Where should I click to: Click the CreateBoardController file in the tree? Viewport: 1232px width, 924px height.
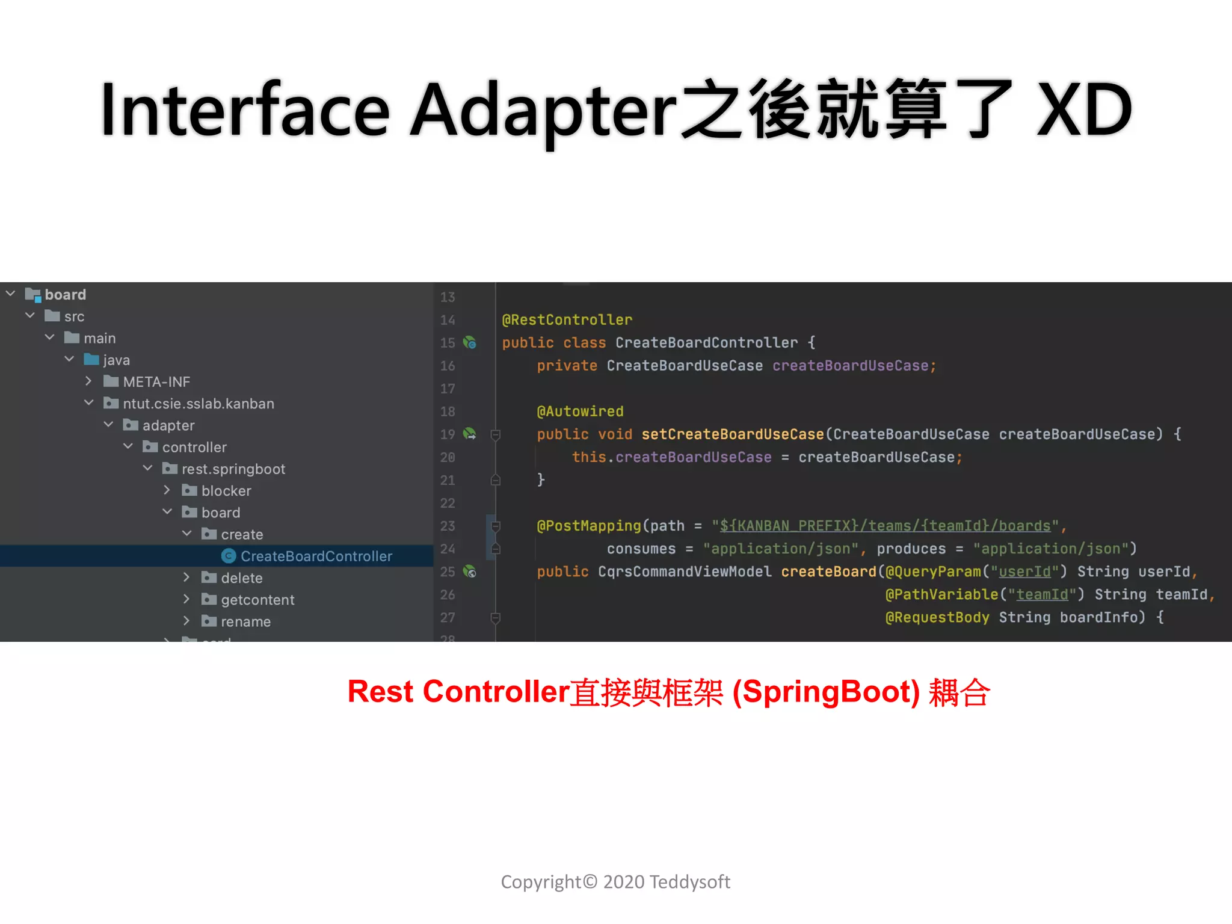(316, 556)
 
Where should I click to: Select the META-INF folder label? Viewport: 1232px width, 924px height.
(156, 382)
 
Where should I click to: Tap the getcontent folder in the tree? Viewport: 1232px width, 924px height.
(257, 600)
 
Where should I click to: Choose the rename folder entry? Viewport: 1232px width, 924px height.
(245, 621)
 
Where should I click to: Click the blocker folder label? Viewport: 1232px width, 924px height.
(226, 491)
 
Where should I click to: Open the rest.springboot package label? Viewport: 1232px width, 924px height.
(233, 469)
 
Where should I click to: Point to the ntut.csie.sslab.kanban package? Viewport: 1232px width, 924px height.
(199, 404)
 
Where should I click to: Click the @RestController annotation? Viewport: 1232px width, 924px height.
(567, 320)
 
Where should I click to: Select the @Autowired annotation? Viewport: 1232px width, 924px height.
(580, 411)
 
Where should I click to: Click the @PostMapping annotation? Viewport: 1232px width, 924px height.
(589, 526)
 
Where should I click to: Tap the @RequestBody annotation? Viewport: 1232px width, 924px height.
(937, 617)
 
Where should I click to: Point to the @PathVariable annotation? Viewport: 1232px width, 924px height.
(941, 594)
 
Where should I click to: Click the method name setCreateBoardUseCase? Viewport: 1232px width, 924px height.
(732, 434)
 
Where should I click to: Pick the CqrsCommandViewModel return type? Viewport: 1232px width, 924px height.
(684, 571)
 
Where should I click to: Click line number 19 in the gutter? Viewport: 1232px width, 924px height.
(448, 434)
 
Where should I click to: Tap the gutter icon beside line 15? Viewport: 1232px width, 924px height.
(470, 343)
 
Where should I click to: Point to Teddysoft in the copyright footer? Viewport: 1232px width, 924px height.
(690, 882)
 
